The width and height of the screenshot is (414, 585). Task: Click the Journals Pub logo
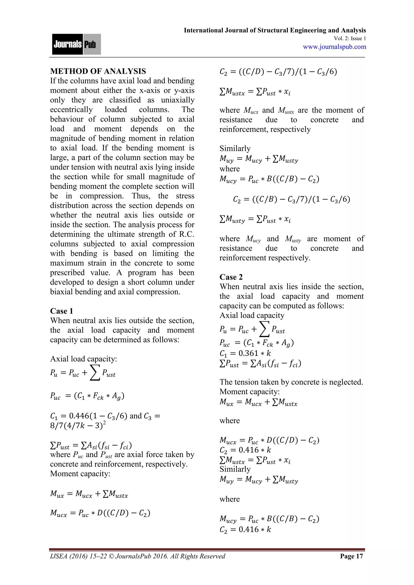tap(76, 44)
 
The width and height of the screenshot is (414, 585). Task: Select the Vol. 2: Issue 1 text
tap(350, 38)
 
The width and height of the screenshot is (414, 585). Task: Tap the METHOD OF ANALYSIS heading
tap(98, 71)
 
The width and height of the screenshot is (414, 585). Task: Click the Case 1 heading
tap(61, 311)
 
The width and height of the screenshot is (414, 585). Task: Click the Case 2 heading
tap(231, 277)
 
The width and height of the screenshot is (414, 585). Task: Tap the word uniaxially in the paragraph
tap(178, 100)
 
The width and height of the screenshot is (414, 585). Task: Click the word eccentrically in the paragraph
tap(71, 109)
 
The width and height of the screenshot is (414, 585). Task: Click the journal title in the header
tap(275, 30)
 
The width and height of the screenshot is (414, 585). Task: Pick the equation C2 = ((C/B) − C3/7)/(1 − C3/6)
tap(291, 199)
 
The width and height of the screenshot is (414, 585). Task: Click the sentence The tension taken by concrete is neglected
tap(291, 382)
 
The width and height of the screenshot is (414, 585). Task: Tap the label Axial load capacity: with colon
tap(83, 359)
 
